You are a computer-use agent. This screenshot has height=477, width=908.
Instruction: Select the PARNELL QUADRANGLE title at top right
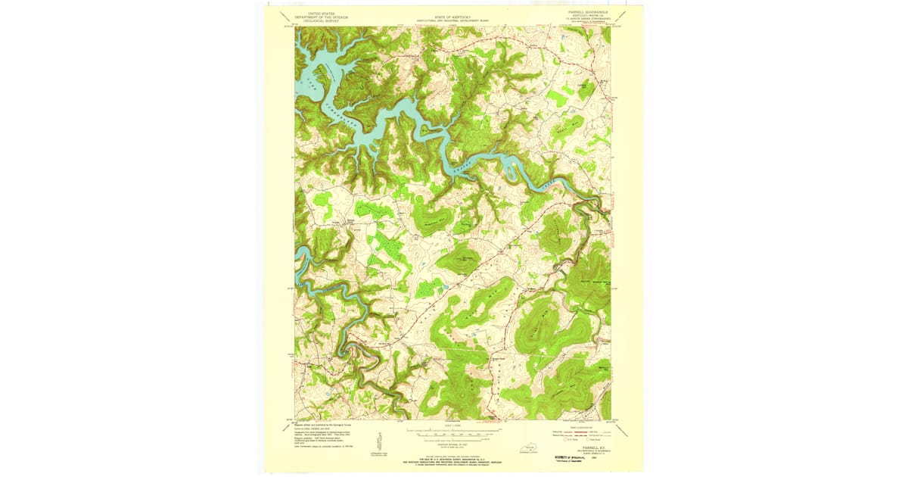(586, 13)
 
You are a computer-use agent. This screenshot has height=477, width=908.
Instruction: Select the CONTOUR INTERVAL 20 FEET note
(452, 444)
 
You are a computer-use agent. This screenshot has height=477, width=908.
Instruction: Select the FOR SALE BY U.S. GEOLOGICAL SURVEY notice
(452, 460)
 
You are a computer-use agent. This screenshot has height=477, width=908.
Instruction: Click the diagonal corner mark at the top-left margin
(284, 15)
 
